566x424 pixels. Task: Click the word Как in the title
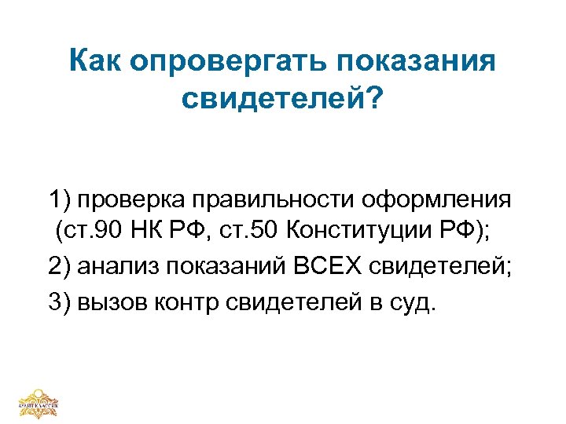click(x=97, y=61)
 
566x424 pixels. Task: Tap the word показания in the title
click(x=411, y=61)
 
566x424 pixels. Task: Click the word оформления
click(x=437, y=199)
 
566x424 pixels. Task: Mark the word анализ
click(x=112, y=268)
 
